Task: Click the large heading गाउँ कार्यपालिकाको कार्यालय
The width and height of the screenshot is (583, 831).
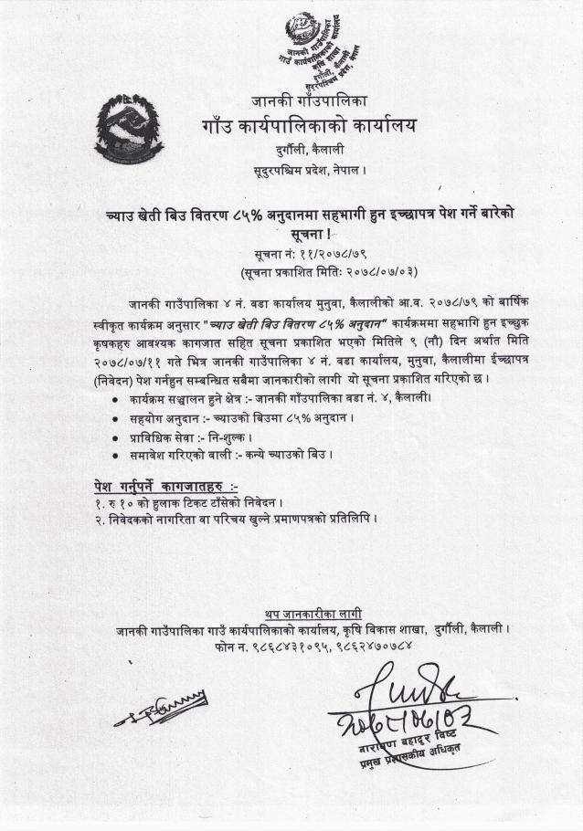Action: pyautogui.click(x=308, y=125)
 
